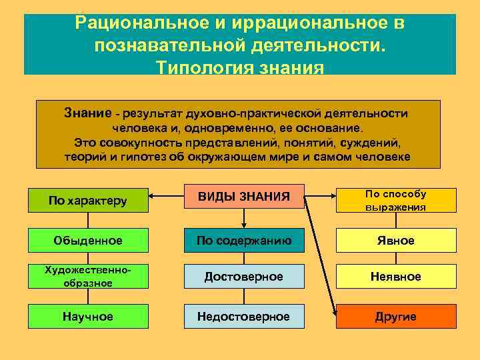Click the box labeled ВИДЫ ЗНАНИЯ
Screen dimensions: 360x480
coord(243,197)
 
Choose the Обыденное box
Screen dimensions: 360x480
coord(88,240)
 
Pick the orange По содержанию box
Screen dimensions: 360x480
coord(243,240)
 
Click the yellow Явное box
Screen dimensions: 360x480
coord(395,240)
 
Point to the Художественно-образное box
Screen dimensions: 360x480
coord(88,277)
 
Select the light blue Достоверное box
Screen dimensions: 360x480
coord(243,277)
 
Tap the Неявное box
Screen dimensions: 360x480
coord(395,277)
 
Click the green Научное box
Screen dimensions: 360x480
coord(88,316)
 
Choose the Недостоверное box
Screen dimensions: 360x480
coord(243,316)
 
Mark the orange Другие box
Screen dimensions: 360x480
coord(395,316)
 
